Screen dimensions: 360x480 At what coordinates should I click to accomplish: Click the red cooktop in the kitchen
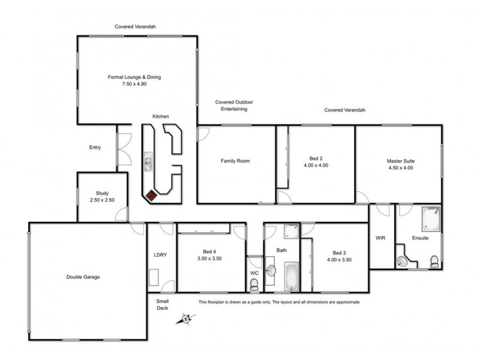(152, 195)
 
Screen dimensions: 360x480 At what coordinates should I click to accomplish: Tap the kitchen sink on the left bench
(148, 161)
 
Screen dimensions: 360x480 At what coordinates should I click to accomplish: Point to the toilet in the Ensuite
(434, 260)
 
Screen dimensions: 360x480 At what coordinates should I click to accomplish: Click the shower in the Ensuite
(430, 218)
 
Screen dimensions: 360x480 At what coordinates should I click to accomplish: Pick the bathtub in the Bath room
(292, 277)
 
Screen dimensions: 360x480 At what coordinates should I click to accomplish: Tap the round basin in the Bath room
(271, 271)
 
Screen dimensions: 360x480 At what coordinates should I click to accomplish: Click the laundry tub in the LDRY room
(154, 277)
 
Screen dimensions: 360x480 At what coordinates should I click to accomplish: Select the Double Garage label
(83, 277)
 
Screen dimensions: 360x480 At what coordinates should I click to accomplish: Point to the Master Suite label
(400, 161)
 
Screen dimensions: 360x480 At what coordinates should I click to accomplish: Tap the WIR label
(380, 238)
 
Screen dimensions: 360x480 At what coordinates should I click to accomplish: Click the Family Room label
(235, 161)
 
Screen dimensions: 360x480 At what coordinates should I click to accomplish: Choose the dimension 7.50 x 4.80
(134, 84)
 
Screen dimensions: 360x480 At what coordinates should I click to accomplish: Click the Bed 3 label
(339, 253)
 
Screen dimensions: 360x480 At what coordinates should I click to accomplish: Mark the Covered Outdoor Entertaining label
(231, 106)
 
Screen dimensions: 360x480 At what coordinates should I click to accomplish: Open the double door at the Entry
(124, 148)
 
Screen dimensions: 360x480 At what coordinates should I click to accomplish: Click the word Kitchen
(160, 116)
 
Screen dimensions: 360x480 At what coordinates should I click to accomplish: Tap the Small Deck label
(163, 305)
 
